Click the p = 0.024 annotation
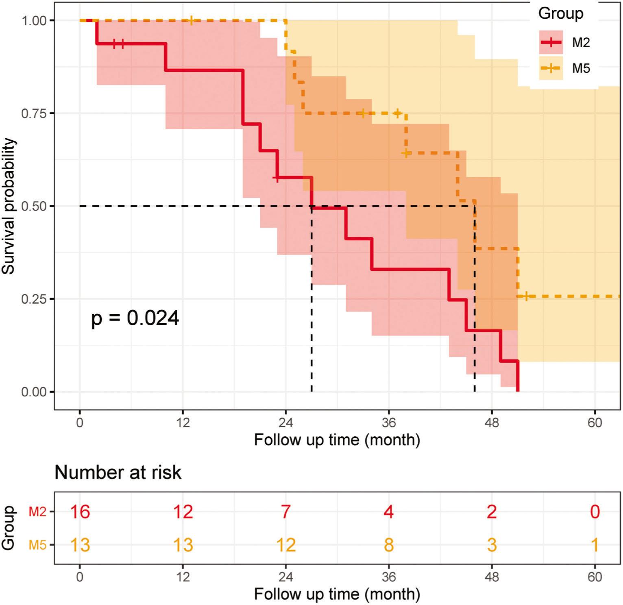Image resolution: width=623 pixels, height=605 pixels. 135,318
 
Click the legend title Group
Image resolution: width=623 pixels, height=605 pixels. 560,13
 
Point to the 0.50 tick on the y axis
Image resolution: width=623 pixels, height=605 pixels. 34,206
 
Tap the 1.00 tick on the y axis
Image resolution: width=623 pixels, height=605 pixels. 34,20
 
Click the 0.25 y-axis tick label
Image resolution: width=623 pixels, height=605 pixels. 34,299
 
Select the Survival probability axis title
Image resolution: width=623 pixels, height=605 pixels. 9,206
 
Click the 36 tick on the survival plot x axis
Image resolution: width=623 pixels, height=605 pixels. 388,422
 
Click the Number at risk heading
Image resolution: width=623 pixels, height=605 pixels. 118,472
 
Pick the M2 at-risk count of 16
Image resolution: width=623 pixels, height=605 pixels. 80,511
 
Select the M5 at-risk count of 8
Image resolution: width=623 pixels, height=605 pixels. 388,545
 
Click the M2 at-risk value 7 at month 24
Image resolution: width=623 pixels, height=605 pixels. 285,511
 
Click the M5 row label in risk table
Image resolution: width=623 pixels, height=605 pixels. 37,545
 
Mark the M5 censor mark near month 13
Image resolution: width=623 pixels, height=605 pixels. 191,20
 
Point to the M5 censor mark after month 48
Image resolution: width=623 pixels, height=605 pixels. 526,296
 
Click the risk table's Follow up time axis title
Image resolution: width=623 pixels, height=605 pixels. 337,594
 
